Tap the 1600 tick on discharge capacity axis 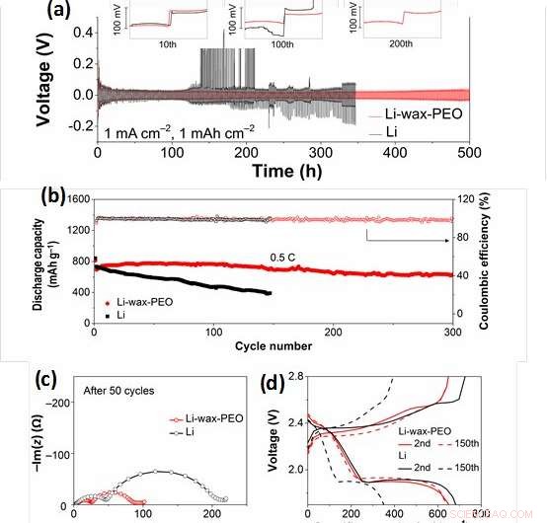click(x=75, y=197)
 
